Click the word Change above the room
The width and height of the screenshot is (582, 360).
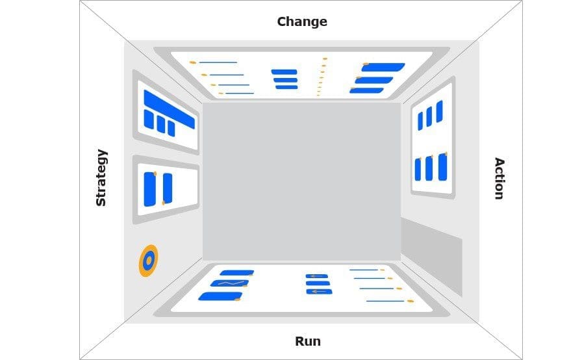[x=302, y=21]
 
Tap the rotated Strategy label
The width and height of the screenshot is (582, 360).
[x=101, y=177]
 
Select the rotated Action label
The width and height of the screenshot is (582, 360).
[x=499, y=178]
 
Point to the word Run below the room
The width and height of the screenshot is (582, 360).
[x=308, y=341]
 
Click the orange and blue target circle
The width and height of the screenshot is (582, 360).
[x=148, y=261]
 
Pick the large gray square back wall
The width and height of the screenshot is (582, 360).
[x=301, y=181]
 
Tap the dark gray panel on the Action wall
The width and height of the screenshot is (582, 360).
[x=431, y=254]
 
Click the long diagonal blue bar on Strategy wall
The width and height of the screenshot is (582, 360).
[x=169, y=109]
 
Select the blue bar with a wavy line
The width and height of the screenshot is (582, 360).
[x=229, y=283]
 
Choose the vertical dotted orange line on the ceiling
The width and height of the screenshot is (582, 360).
[x=321, y=77]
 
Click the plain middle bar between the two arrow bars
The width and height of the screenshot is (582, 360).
[x=318, y=283]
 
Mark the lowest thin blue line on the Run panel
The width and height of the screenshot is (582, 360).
[x=385, y=301]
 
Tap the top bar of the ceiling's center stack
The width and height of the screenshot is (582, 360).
[x=284, y=72]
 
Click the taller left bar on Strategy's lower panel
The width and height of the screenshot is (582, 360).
[x=150, y=189]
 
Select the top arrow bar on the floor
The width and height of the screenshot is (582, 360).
[x=317, y=276]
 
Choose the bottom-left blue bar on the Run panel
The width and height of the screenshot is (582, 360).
[x=220, y=296]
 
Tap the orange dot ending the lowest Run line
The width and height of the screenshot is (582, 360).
[x=410, y=301]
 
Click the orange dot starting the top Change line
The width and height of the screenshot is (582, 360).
[x=193, y=62]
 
